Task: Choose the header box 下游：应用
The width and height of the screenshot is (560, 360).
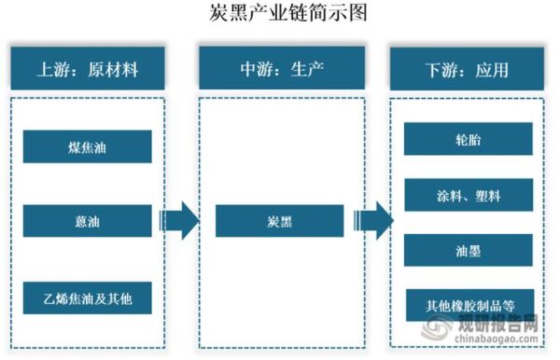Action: click(468, 69)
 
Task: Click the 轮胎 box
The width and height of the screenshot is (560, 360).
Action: click(468, 139)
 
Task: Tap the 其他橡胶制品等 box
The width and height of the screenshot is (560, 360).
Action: click(468, 304)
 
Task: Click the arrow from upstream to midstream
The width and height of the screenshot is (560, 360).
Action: click(177, 222)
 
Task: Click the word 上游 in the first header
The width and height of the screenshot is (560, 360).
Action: click(52, 69)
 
